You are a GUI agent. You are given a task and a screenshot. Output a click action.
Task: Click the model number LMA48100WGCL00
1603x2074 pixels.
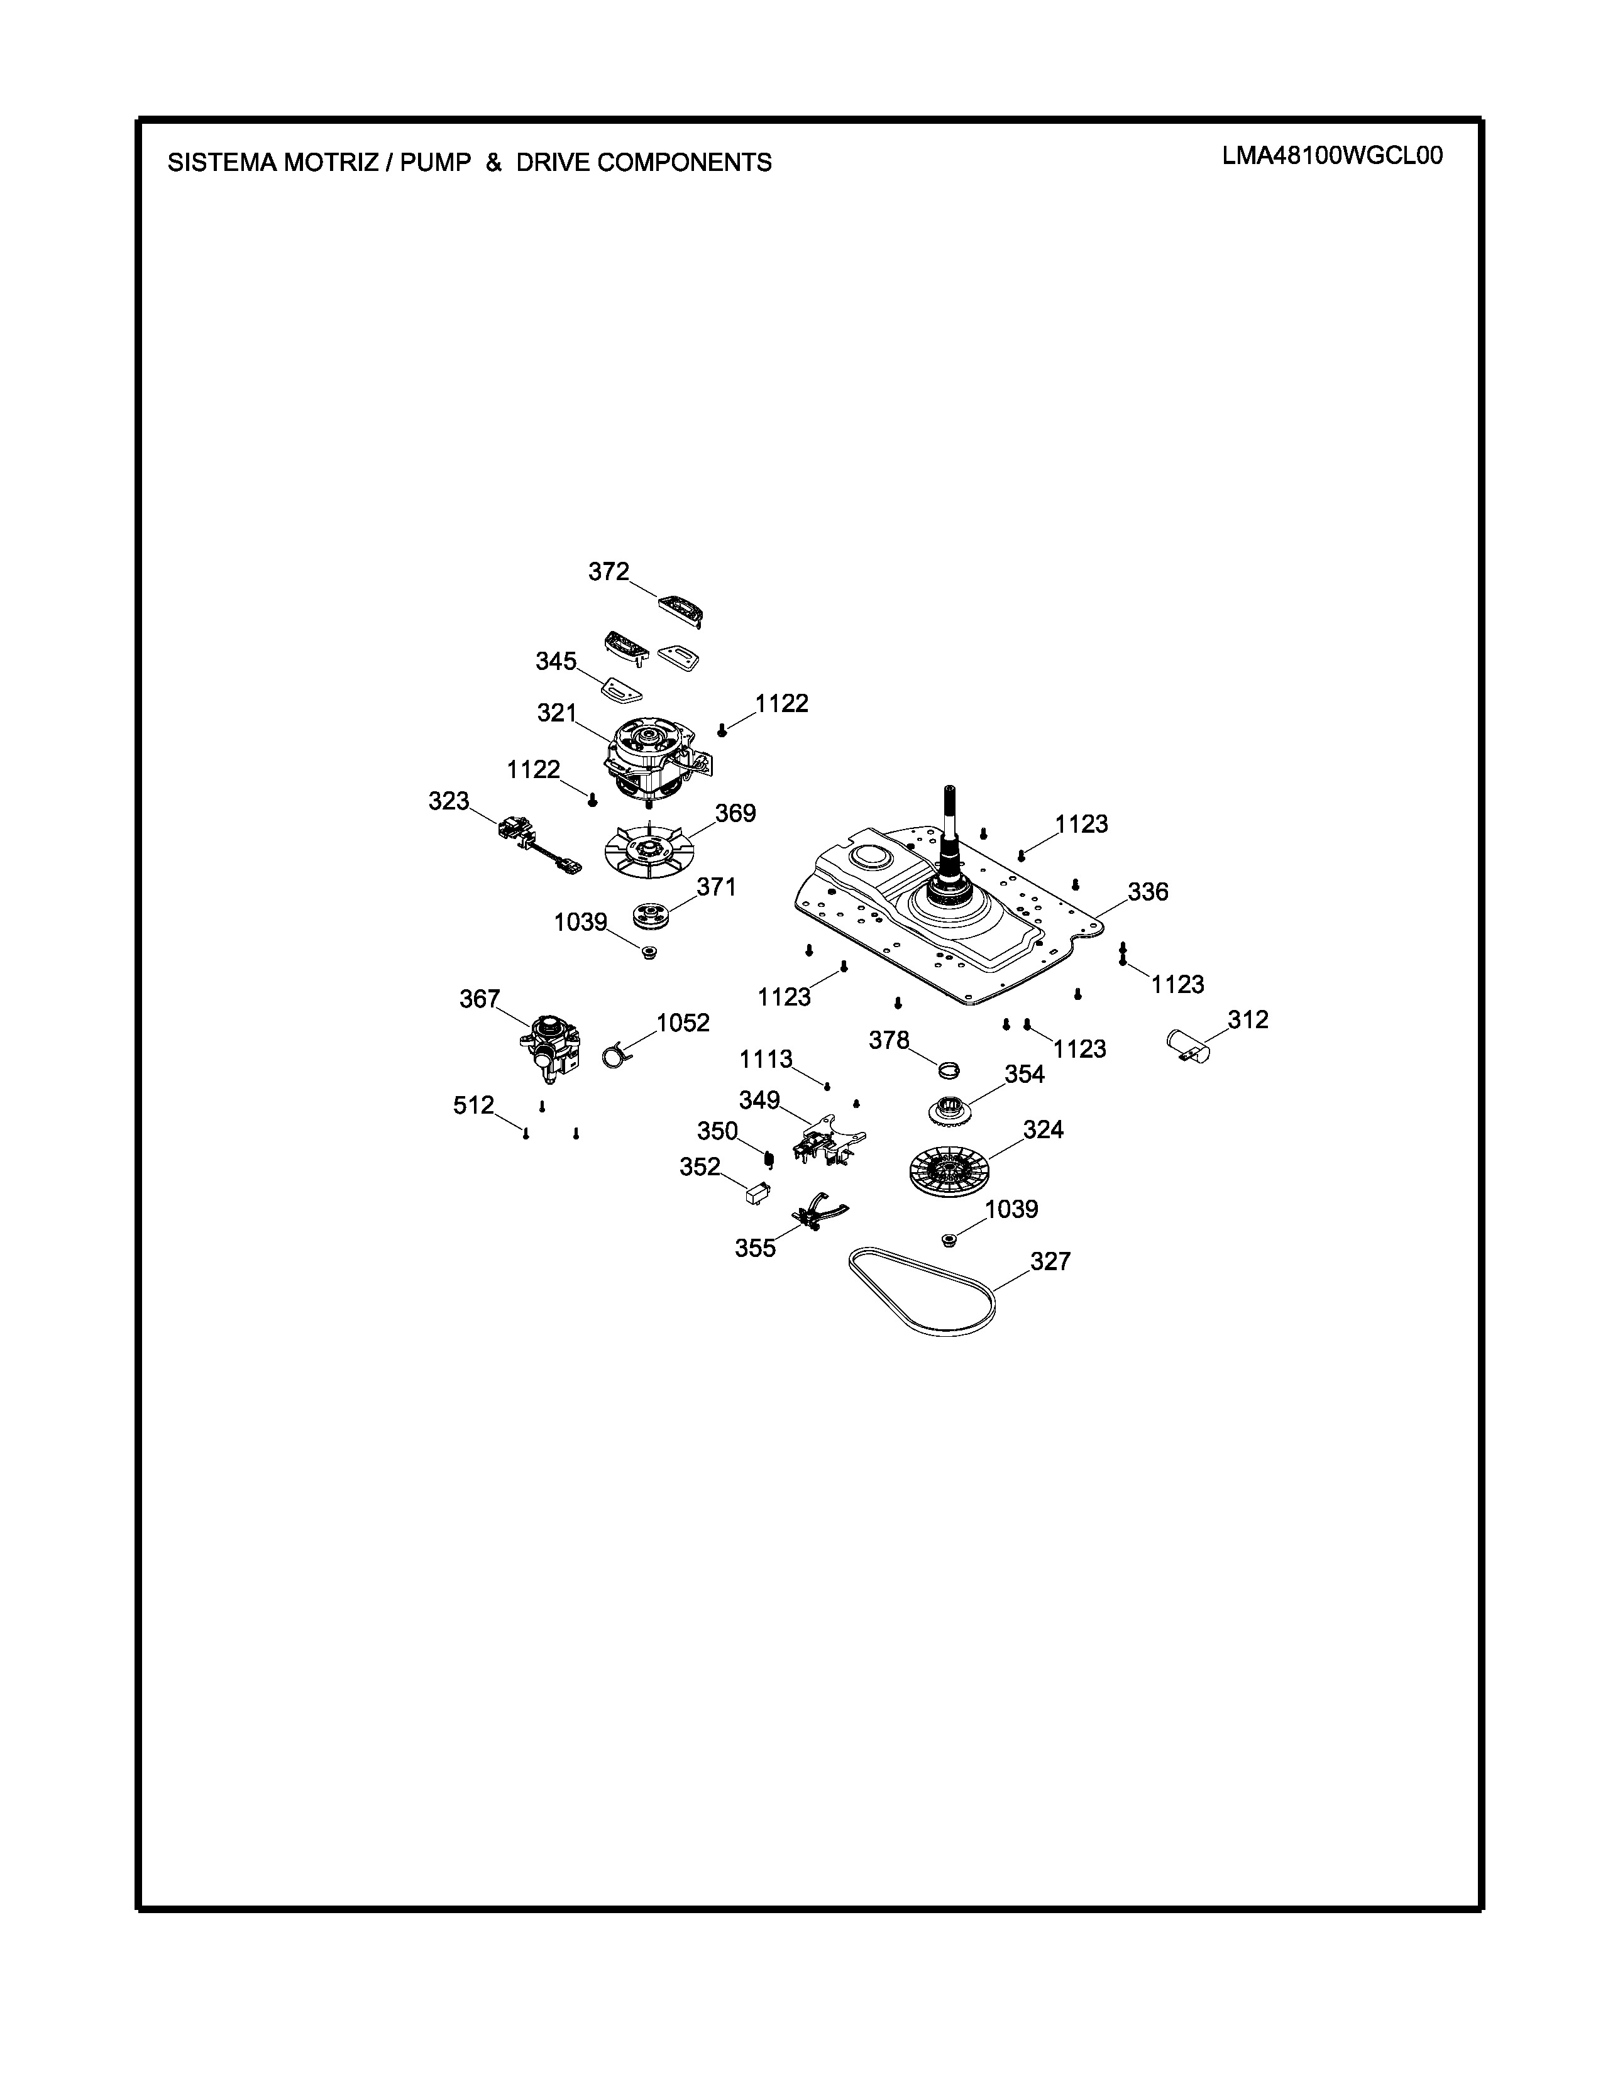1332,156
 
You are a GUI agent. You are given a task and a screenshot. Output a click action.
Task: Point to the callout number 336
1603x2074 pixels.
1148,892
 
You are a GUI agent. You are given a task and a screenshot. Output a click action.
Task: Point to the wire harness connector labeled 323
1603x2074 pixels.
537,844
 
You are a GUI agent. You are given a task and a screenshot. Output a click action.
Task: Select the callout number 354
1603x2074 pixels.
1025,1074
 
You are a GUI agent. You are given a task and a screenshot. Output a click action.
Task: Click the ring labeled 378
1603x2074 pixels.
949,1070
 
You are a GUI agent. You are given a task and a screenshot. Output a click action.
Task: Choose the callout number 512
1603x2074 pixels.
474,1106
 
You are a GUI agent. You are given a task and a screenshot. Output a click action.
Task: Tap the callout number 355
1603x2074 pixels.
755,1249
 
